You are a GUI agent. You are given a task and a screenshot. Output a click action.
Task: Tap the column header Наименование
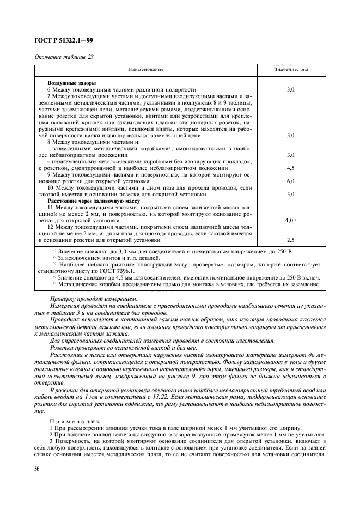pos(145,70)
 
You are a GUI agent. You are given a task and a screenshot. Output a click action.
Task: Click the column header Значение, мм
pos(290,70)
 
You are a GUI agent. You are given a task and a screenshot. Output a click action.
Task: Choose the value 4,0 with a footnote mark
pos(290,220)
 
